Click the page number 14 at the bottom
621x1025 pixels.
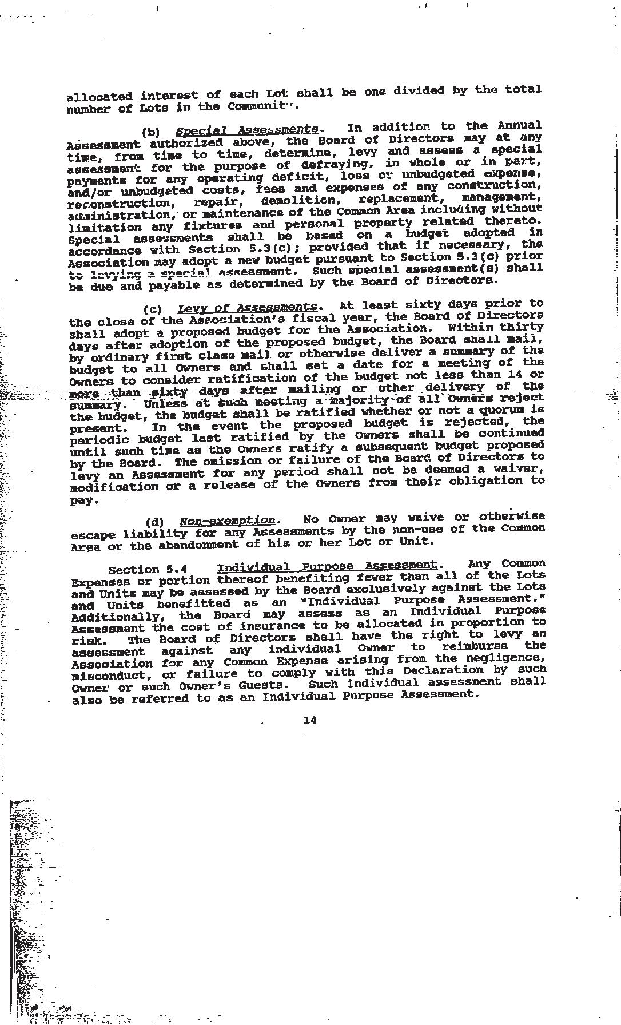pos(309,720)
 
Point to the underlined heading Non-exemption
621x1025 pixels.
pos(228,521)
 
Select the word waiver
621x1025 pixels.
pos(518,468)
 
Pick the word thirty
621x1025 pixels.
pos(521,327)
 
